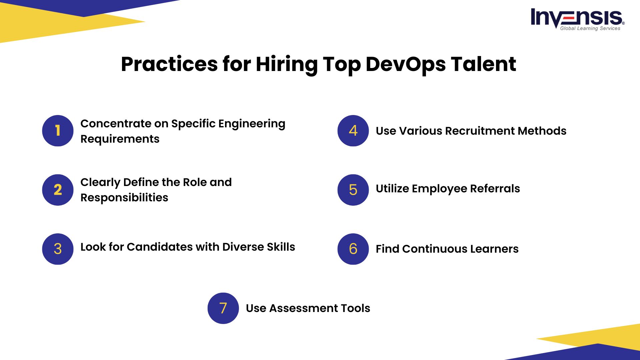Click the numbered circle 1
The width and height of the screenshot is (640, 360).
pos(58,131)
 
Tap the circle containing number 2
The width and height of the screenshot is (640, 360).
pos(58,190)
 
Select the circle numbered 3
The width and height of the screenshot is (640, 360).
pos(58,249)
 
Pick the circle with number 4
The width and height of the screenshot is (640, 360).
pos(353,131)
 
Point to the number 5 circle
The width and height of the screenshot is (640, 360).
pos(353,190)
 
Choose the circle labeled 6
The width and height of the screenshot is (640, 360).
pos(353,249)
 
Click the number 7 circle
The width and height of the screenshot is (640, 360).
pos(223,308)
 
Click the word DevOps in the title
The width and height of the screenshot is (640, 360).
pos(406,64)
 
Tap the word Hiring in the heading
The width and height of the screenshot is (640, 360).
pos(286,64)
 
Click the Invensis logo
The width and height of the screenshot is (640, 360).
pos(578,19)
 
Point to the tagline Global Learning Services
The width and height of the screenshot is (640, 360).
pos(590,28)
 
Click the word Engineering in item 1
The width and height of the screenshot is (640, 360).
pos(252,124)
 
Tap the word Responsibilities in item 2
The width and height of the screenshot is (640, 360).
pos(124,198)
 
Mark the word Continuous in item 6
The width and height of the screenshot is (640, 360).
pos(434,249)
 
